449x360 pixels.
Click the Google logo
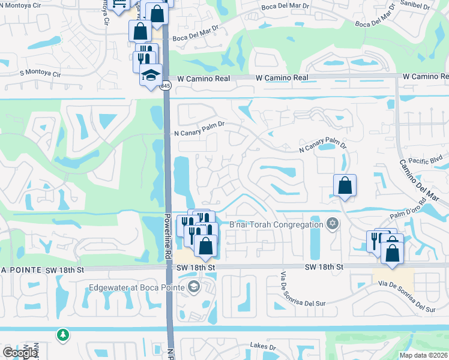pyautogui.click(x=20, y=353)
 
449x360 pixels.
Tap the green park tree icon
pyautogui.click(x=62, y=334)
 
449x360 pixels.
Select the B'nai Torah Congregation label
pyautogui.click(x=276, y=225)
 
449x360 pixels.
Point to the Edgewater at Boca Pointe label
pyautogui.click(x=137, y=287)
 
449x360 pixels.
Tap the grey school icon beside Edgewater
pyautogui.click(x=193, y=287)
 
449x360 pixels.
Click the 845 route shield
pyautogui.click(x=166, y=86)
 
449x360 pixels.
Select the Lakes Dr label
pyautogui.click(x=264, y=347)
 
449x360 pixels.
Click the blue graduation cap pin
pyautogui.click(x=151, y=75)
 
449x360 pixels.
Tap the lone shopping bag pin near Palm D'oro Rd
pyautogui.click(x=345, y=185)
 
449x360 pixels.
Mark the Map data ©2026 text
pyautogui.click(x=423, y=355)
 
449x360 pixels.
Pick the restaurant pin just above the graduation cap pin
pyautogui.click(x=144, y=59)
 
